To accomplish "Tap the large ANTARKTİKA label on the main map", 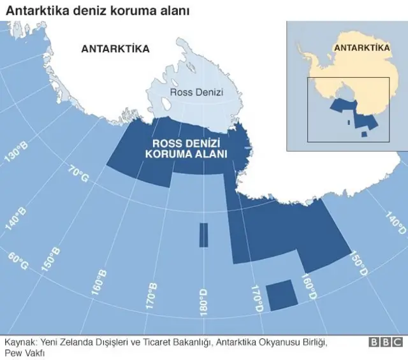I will tap(115, 48).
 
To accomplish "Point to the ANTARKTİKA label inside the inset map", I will tap(361, 48).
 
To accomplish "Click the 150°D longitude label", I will tap(358, 263).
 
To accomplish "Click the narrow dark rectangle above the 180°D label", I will tap(203, 235).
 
